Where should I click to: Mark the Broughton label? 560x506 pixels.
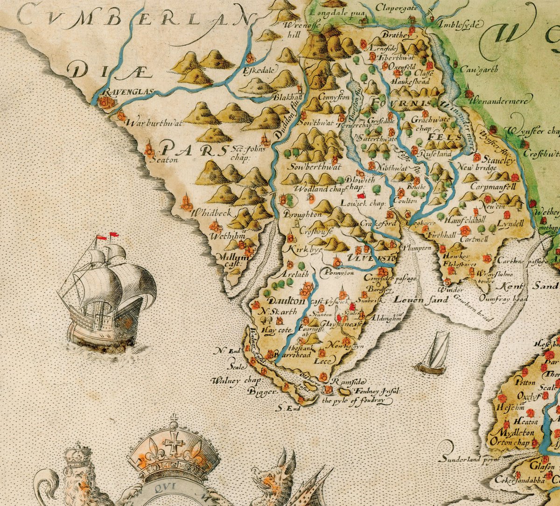click(x=303, y=215)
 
